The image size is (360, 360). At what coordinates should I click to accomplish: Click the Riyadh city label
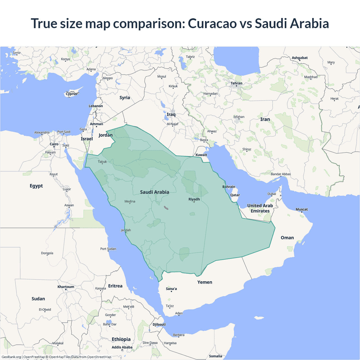(x=194, y=199)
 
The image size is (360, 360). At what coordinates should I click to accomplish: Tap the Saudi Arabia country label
(x=154, y=192)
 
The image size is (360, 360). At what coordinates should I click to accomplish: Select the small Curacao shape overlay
(x=166, y=208)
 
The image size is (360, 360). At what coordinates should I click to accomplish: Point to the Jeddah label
(x=126, y=230)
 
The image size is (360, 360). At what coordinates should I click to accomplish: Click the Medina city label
(x=130, y=201)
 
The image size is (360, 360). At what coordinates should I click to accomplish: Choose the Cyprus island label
(x=71, y=94)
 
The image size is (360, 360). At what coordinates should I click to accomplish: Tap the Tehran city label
(x=236, y=83)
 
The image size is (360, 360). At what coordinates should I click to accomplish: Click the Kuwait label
(x=201, y=155)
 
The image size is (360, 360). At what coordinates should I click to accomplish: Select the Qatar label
(x=235, y=195)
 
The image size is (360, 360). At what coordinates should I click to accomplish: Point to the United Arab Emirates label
(x=260, y=208)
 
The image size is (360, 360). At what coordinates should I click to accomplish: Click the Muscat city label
(x=301, y=209)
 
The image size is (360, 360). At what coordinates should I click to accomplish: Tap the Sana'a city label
(x=171, y=289)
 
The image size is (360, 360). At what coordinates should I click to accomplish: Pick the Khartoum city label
(x=66, y=287)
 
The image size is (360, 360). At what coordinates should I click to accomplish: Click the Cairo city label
(x=54, y=144)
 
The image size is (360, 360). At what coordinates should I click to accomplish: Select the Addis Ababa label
(x=122, y=347)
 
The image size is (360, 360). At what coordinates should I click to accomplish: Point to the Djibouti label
(x=159, y=324)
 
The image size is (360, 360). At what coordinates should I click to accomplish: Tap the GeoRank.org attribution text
(x=11, y=357)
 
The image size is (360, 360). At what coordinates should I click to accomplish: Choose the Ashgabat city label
(x=300, y=58)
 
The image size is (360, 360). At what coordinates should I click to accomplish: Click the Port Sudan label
(x=108, y=249)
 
